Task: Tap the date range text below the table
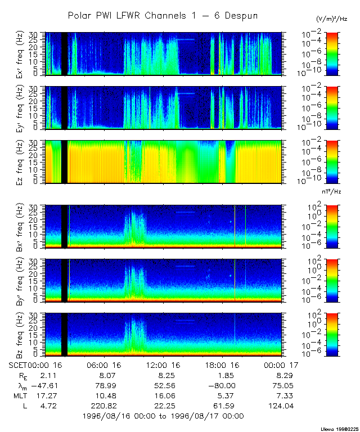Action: [163, 416]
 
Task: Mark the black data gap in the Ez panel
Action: [64, 162]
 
